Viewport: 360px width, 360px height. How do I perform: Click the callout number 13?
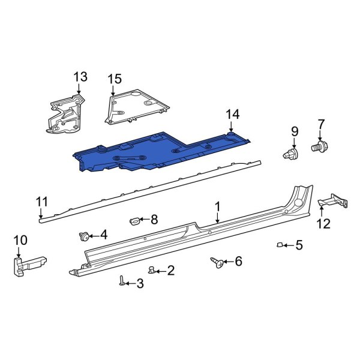(x=80, y=77)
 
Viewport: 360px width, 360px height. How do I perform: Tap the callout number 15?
(x=114, y=79)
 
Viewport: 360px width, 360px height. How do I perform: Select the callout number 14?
(x=232, y=114)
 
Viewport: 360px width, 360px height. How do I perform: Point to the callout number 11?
(x=41, y=201)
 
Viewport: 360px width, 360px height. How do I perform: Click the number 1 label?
(x=218, y=206)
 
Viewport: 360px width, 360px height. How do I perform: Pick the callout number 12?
(x=323, y=224)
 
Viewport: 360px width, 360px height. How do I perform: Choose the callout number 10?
(x=20, y=241)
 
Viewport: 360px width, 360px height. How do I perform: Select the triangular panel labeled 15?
(x=134, y=106)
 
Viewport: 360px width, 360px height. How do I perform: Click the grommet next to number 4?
(x=85, y=235)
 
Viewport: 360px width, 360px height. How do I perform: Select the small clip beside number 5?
(x=280, y=244)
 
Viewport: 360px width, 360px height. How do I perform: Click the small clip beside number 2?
(x=152, y=269)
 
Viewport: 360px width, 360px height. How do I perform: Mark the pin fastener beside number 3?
(x=122, y=281)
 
